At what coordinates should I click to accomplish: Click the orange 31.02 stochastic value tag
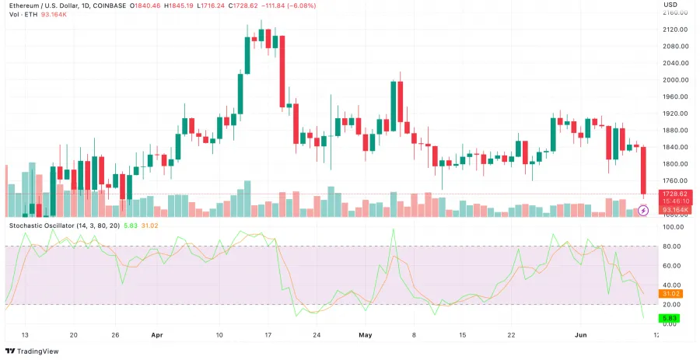[670, 293]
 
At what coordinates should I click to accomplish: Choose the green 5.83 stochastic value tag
[670, 318]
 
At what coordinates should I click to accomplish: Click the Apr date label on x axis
[156, 335]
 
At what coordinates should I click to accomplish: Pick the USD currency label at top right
[670, 5]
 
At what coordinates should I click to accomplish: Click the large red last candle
[643, 170]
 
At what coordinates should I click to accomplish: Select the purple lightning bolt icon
[643, 210]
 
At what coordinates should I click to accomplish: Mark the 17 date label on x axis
[267, 335]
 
